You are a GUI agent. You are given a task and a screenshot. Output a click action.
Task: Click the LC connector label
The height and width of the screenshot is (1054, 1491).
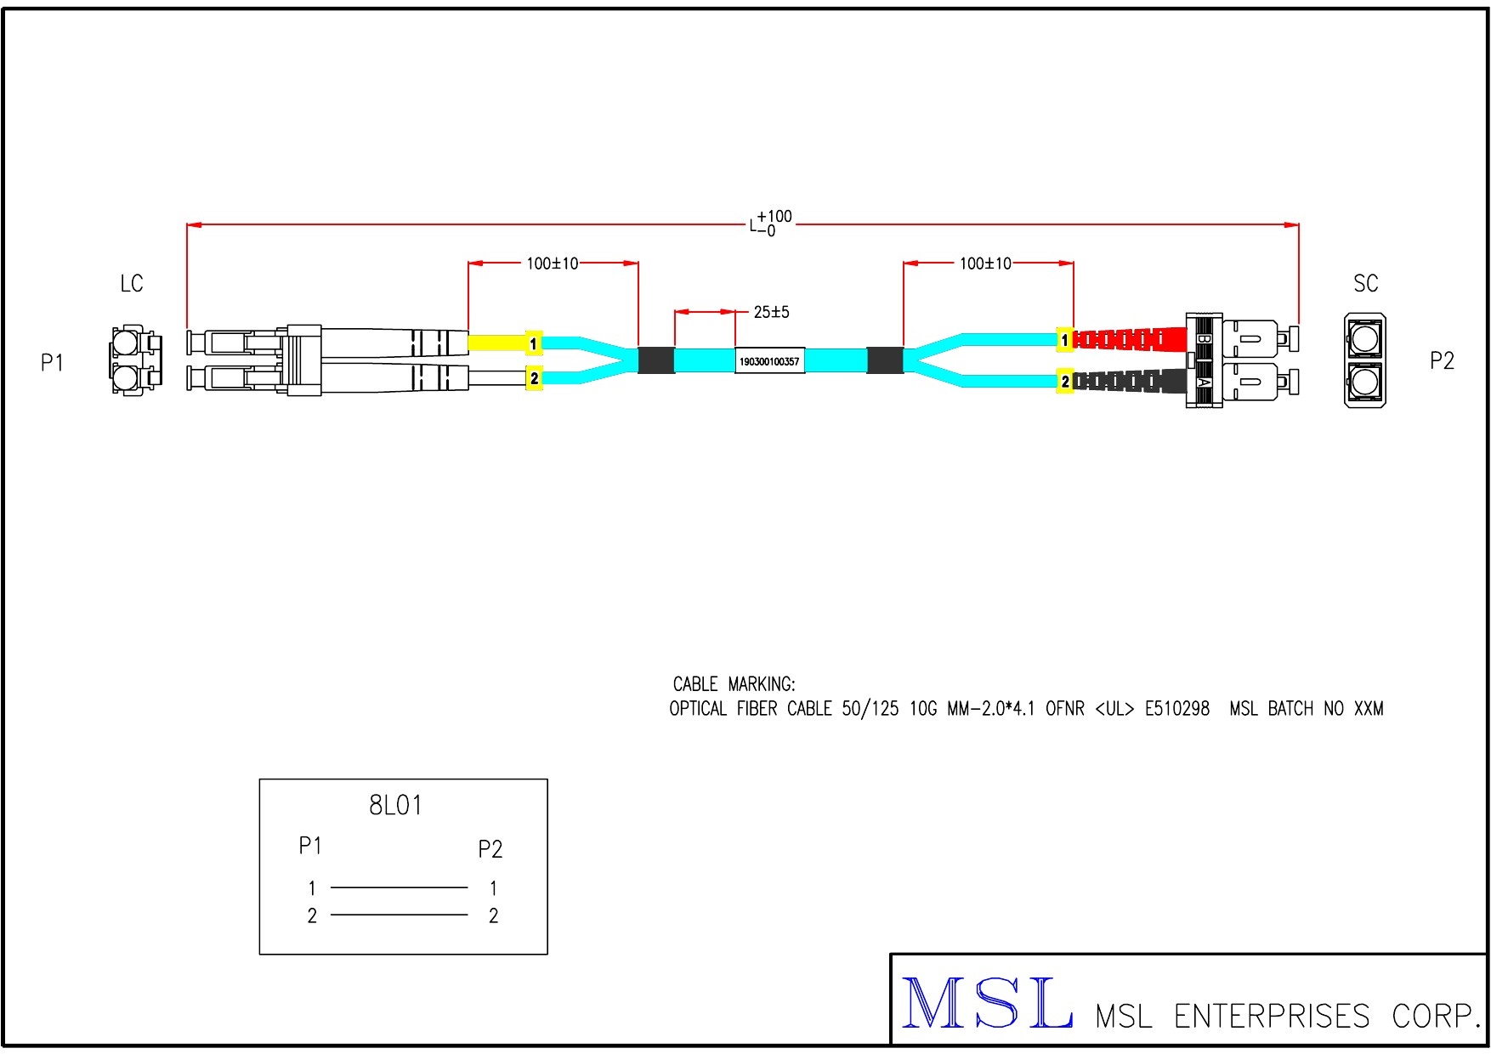pos(132,284)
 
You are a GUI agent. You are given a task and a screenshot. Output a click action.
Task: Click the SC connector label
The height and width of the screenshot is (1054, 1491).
pos(1365,284)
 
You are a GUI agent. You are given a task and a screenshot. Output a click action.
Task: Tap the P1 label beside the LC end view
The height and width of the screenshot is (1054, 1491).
pos(53,363)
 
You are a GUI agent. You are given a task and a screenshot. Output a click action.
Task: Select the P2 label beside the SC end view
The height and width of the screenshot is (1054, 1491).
pos(1442,361)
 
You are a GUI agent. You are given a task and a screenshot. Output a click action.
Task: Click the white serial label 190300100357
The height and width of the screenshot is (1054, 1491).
pos(769,361)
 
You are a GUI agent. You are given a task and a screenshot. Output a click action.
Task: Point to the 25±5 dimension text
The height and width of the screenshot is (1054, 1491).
pos(771,313)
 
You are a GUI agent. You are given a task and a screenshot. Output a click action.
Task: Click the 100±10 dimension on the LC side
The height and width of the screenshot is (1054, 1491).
pos(552,264)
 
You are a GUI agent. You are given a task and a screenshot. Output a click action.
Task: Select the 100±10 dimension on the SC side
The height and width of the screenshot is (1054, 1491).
pos(985,264)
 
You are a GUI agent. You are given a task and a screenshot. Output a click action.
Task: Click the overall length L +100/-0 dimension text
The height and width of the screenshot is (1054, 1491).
pos(771,224)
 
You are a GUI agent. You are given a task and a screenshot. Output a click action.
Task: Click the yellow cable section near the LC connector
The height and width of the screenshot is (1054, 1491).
pos(496,343)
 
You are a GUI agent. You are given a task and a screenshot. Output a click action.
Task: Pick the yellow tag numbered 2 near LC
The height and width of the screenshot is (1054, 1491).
pos(534,379)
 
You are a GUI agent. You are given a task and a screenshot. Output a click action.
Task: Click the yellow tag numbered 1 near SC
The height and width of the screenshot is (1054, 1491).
pos(1064,341)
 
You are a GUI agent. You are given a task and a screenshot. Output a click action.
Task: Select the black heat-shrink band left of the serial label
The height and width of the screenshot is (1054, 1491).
pos(655,360)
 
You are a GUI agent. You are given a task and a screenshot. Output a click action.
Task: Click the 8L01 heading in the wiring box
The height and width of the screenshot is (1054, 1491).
pos(395,805)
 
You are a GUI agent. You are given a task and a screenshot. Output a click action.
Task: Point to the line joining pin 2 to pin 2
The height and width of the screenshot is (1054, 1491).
pos(399,915)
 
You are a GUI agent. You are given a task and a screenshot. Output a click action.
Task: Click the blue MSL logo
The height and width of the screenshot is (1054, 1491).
pos(986,1004)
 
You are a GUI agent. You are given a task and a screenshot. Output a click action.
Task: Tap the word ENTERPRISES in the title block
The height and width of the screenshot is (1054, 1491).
pos(1272,1016)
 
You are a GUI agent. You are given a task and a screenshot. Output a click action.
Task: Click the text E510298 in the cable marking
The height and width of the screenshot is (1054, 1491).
pos(1176,709)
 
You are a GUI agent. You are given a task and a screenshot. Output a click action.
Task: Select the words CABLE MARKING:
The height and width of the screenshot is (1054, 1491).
pos(734,684)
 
